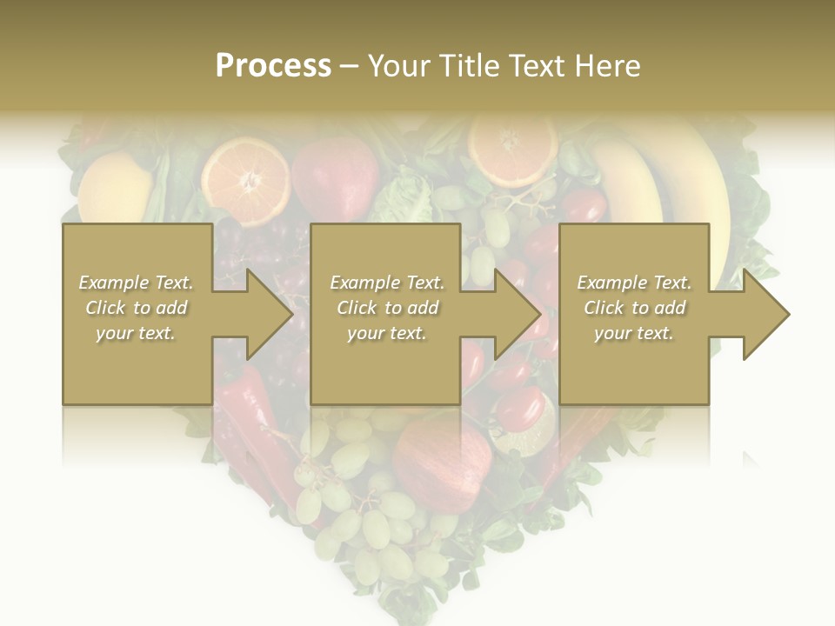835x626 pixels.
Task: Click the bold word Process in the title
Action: (x=273, y=66)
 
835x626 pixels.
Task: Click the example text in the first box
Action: (x=136, y=308)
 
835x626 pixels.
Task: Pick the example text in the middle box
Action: (x=387, y=308)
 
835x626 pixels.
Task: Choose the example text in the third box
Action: (x=634, y=308)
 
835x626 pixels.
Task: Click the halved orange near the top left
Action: (x=245, y=181)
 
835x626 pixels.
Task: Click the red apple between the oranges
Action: (x=335, y=177)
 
